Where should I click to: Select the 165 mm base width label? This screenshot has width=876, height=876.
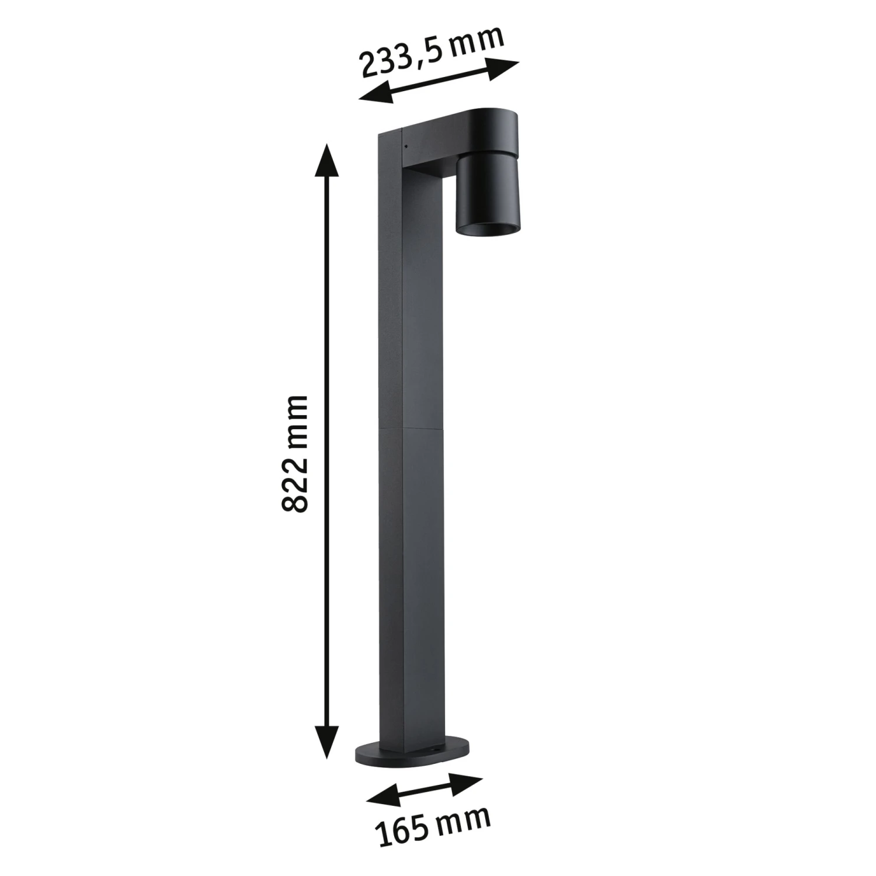(x=432, y=825)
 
